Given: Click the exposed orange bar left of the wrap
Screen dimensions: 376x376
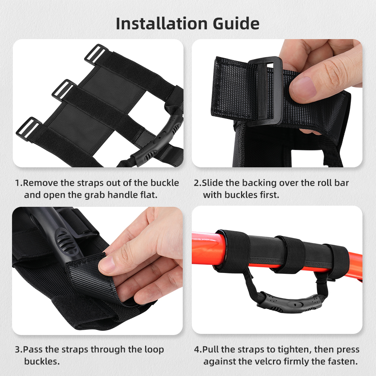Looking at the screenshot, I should pos(203,248).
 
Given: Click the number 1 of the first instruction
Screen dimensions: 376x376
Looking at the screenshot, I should pos(17,183).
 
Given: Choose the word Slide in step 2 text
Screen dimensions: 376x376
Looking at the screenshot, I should pos(214,183).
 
